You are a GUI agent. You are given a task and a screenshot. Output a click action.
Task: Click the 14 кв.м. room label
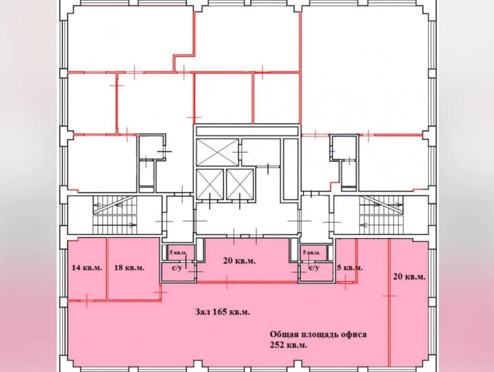[x=87, y=268]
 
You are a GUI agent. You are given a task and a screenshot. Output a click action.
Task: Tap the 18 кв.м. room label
[x=129, y=268]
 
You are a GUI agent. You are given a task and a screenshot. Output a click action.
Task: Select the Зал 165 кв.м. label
[x=222, y=312]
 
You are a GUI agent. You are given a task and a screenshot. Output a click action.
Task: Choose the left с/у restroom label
[x=177, y=268]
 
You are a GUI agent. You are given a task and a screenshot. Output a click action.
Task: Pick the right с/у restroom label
[x=314, y=268]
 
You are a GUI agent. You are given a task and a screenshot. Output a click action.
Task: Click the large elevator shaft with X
[x=217, y=152]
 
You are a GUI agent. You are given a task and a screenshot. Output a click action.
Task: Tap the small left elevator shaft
[x=210, y=184]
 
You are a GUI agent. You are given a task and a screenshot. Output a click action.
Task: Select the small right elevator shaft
[x=240, y=184]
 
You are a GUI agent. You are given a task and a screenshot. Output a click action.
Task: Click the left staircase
[x=115, y=215]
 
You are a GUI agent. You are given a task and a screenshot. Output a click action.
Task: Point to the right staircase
[x=381, y=215]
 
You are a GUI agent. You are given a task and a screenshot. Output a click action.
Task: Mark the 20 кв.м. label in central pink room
[x=239, y=261]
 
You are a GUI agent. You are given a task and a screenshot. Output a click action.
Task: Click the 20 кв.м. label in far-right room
[x=410, y=277]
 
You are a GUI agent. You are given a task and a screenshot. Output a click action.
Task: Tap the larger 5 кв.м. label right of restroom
[x=350, y=268]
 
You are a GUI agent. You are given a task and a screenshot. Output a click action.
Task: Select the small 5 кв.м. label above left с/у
[x=178, y=253]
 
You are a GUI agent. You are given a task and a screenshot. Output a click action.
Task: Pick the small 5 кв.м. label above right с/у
[x=312, y=253]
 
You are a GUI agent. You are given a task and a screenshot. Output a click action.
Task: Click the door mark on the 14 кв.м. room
[x=87, y=300]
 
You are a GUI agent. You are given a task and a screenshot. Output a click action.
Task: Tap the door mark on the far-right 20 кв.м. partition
[x=389, y=296]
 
